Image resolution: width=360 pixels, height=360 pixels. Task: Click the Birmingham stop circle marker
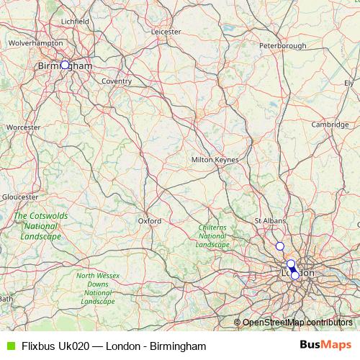coord(65,65)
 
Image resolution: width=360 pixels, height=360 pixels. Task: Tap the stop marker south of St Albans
coord(280,246)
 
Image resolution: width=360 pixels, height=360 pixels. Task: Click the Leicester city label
coord(166,32)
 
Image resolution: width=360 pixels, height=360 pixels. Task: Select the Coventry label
coord(116,81)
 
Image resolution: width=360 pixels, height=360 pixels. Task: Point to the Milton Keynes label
coord(215,159)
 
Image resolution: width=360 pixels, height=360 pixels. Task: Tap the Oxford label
coord(150,221)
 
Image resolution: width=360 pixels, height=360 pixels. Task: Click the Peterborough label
coord(283,46)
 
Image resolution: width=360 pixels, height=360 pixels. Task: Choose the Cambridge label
coord(330,125)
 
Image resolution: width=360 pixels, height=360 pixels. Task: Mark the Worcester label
coord(23,127)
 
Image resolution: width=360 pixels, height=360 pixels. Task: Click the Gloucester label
coord(20,197)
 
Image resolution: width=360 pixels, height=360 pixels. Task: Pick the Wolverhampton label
coord(36,43)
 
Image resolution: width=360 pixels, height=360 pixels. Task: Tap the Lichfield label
coord(76,22)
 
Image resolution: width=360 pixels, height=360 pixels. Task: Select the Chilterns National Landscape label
coord(212,236)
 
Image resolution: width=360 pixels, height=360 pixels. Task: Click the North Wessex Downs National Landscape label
coord(97,288)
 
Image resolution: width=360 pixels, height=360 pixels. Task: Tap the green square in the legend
coord(9,346)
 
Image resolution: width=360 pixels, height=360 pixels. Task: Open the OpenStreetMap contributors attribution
coord(297,322)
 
